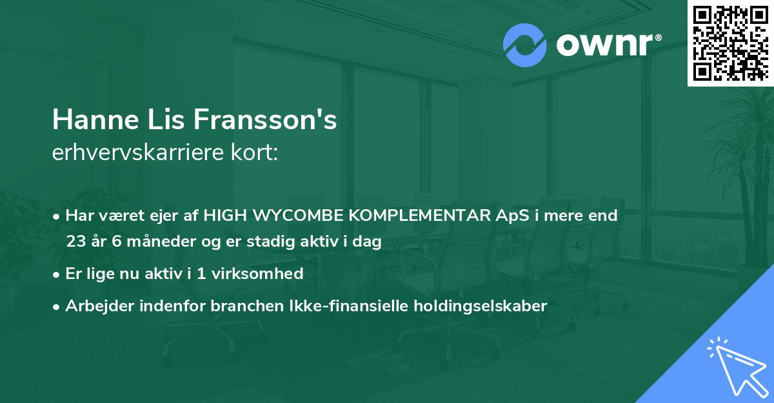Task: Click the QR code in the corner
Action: (x=731, y=43)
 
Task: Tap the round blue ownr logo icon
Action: (x=525, y=45)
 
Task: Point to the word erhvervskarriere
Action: (x=132, y=153)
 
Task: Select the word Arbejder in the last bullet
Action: (x=94, y=306)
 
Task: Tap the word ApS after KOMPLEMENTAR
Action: (x=514, y=216)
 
